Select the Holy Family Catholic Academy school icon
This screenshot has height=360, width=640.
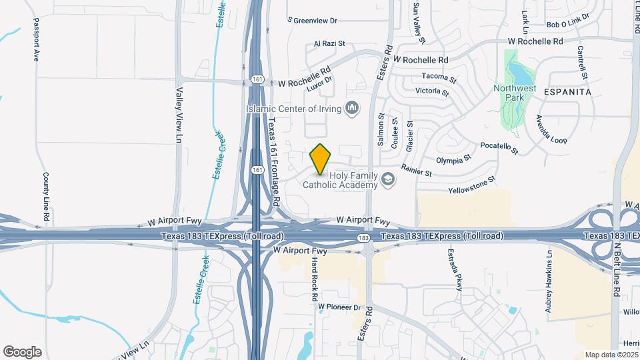[x=387, y=179]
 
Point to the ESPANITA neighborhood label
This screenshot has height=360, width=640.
[x=568, y=92]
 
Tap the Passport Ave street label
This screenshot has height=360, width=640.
[x=37, y=44]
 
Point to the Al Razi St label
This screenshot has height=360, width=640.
[x=329, y=44]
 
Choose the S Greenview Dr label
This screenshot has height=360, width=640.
[x=313, y=21]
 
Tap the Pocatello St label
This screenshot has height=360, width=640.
[x=499, y=147]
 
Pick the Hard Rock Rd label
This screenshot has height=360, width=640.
[x=313, y=279]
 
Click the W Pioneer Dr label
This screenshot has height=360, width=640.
[x=339, y=307]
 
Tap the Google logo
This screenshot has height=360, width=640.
[x=22, y=352]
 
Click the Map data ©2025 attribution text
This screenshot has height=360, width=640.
[x=610, y=355]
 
